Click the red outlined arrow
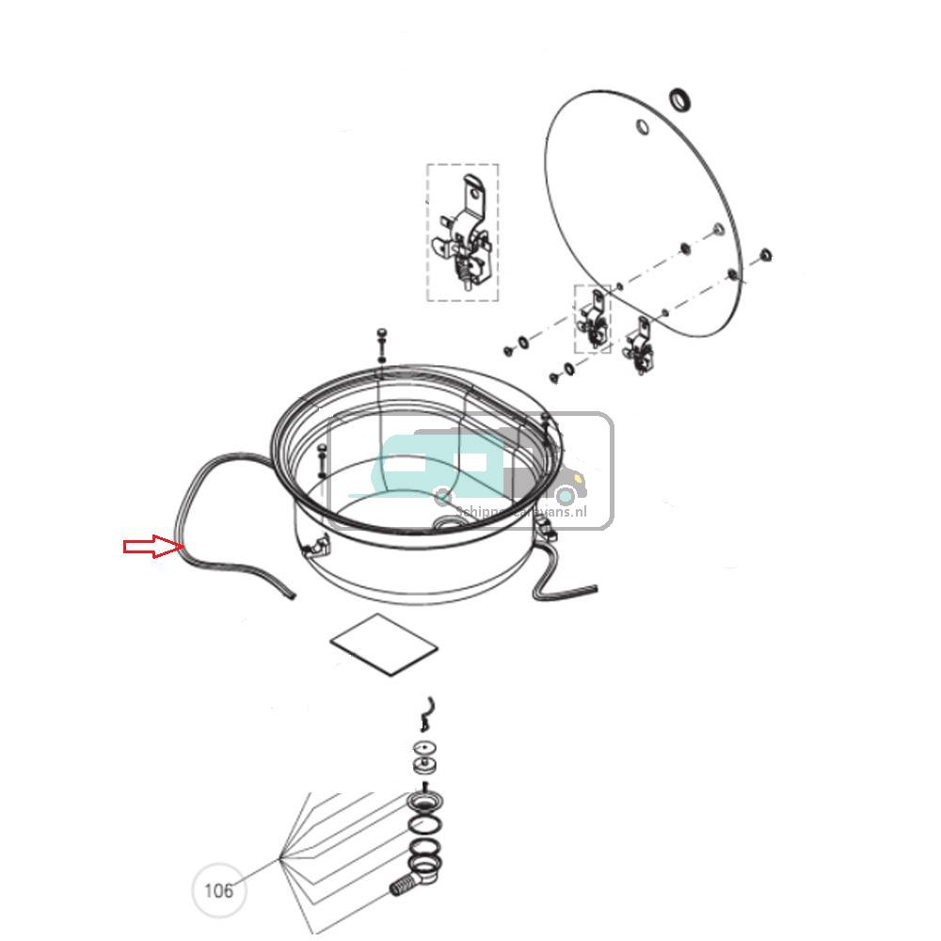click(x=151, y=547)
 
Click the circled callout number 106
click(x=218, y=889)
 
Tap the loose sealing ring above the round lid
click(x=680, y=98)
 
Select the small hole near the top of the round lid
click(x=642, y=127)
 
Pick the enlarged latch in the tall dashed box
click(x=462, y=232)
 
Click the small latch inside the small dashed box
click(x=593, y=319)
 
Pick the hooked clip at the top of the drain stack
click(x=426, y=713)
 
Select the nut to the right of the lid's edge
click(x=764, y=253)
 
